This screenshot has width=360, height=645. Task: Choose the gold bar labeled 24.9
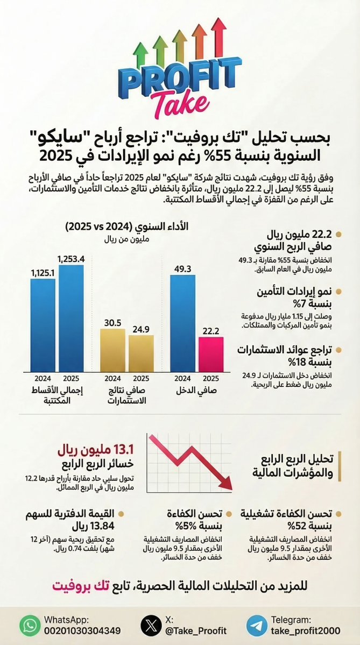141,353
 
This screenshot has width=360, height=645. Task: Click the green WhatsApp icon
30,626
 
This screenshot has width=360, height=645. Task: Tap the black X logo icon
151,626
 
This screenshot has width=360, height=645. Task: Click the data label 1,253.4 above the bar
71,259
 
